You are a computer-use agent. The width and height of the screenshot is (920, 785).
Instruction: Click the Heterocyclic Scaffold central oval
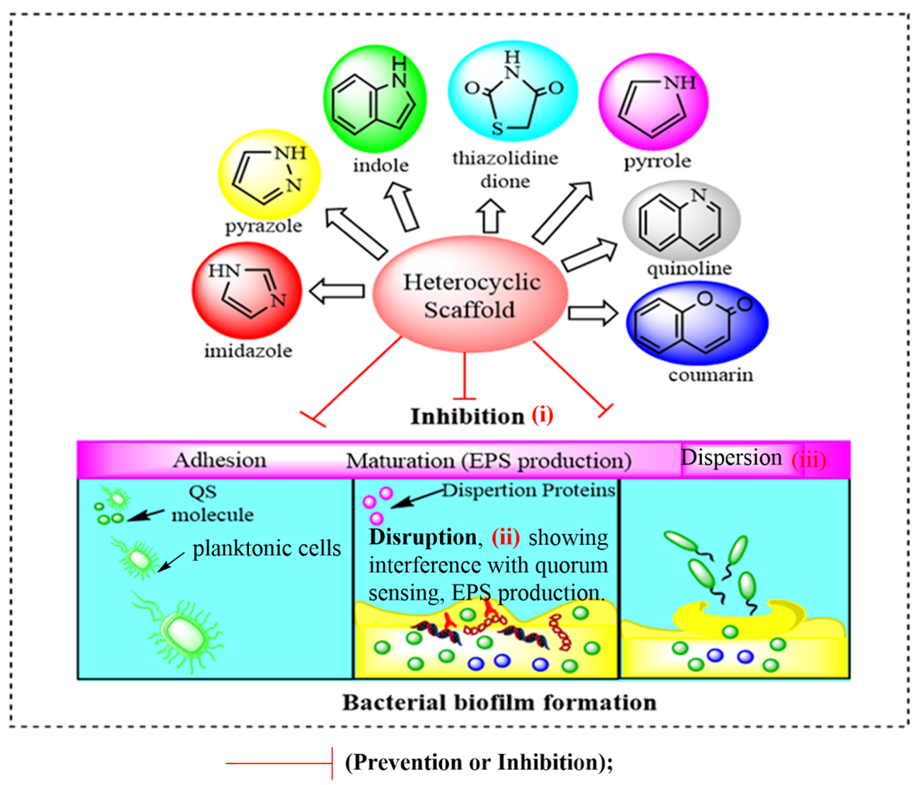tap(470, 295)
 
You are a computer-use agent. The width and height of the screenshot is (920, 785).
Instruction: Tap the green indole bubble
tap(375, 97)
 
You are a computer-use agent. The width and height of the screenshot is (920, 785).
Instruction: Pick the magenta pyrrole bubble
tap(653, 98)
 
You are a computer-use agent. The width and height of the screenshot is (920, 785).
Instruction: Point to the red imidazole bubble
tap(247, 290)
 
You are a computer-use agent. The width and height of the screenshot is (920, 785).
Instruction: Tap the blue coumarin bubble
tap(697, 323)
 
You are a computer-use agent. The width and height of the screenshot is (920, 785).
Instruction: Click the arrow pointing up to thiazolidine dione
tap(489, 218)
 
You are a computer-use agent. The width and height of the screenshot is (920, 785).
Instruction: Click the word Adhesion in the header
tap(220, 460)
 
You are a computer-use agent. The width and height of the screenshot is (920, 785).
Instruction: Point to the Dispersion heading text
tap(731, 457)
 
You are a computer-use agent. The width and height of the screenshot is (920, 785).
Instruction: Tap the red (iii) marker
tap(809, 460)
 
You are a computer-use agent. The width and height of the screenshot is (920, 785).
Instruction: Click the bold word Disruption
tap(423, 538)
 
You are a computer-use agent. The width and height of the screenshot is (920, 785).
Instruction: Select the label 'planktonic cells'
tap(267, 549)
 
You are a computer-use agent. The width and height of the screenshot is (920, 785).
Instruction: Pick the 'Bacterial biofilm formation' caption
tap(499, 703)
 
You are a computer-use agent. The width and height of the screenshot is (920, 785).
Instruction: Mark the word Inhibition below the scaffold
tap(467, 416)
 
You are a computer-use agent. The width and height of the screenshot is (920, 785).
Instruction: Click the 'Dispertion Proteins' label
tap(529, 491)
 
